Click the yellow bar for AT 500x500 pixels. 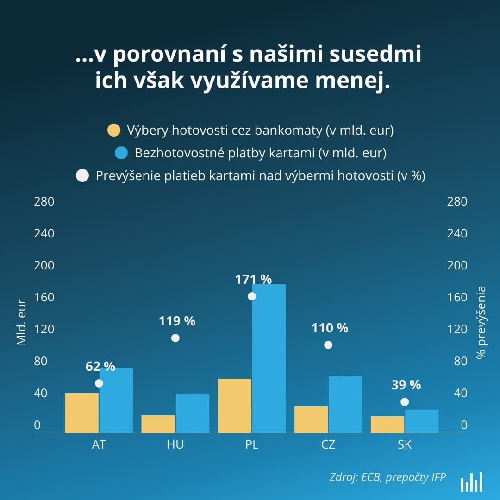82,413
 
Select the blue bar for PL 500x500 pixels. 269,359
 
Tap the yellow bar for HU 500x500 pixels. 158,424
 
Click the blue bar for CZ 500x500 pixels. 345,405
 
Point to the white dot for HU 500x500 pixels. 175,338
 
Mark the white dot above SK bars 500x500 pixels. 405,402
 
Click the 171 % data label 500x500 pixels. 253,280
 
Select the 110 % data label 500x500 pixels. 330,328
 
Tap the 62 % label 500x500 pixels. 100,367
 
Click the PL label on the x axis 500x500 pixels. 252,445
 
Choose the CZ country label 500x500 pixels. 328,445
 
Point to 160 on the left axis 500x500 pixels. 44,297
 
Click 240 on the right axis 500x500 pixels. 457,233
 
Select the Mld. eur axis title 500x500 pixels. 22,322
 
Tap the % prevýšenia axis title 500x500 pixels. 481,322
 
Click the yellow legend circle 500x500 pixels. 114,131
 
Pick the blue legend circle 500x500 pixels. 121,153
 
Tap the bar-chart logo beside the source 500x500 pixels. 471,482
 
